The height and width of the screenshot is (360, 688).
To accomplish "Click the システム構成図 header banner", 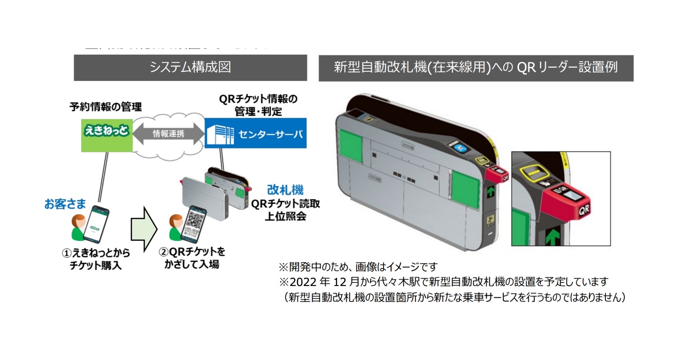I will point(190,68).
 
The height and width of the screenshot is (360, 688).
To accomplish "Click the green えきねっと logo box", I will point(107,135).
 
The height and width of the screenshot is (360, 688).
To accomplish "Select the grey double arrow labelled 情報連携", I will point(168,134).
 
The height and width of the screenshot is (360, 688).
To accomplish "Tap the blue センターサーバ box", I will point(255,133).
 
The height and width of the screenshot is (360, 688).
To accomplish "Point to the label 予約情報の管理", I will point(105,107).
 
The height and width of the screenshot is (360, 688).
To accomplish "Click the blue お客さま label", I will point(65,204).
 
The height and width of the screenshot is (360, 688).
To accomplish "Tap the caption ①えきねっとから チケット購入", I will point(95,259).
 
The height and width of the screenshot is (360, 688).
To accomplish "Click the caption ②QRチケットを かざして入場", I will point(192,258).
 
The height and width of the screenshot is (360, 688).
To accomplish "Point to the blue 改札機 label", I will point(285,190).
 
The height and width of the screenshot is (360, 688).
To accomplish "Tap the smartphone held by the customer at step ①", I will point(96,225).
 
